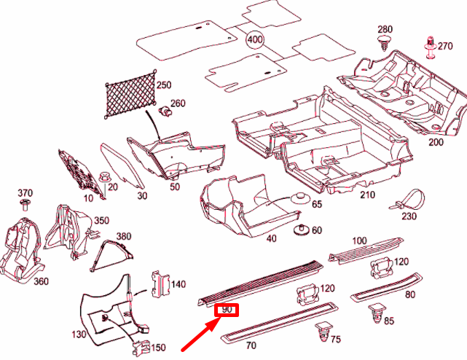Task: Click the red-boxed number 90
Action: pos(227,309)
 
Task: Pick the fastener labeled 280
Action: pos(385,44)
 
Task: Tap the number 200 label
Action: pos(436,142)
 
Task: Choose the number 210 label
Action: pos(367,195)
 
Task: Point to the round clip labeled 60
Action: pos(299,231)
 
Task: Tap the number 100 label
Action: pos(359,240)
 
